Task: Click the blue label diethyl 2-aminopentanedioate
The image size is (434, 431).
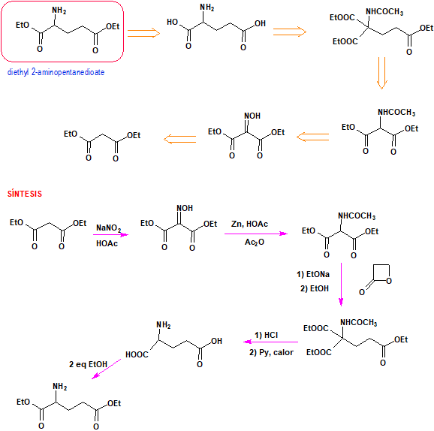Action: point(56,72)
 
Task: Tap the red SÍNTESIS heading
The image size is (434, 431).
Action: point(25,194)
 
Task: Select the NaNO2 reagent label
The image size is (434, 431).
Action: point(108,228)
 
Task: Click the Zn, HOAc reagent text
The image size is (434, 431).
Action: point(249,224)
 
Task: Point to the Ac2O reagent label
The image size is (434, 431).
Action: point(255,243)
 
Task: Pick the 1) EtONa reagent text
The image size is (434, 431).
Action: point(313,274)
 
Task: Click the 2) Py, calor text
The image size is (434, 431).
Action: point(271,352)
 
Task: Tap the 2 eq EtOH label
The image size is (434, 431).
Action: point(88,364)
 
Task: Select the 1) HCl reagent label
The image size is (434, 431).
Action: point(267,335)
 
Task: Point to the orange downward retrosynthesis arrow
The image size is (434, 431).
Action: point(381,73)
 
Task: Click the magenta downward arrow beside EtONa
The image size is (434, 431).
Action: point(341,285)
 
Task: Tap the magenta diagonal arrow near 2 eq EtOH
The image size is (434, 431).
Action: point(107,369)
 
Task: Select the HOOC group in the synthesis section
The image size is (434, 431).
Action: point(137,354)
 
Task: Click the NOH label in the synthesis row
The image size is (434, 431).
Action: point(185,208)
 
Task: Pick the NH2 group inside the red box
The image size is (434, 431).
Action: point(59,11)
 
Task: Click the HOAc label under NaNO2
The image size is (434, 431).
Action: point(107,243)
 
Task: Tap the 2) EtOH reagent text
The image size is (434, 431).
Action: point(315,288)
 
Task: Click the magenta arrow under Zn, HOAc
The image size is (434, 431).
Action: point(256,234)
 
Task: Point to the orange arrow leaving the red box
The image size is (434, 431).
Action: point(143,33)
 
